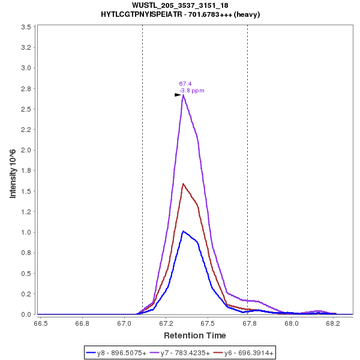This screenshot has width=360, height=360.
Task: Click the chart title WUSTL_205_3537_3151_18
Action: [179, 5]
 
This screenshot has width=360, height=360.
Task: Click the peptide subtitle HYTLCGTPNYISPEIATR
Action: [180, 14]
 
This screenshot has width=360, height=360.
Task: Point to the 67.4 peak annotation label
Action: [185, 84]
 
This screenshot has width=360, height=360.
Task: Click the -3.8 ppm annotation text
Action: [192, 91]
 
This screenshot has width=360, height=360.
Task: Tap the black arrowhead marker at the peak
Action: [178, 95]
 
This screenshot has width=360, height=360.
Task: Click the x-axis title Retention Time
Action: [195, 335]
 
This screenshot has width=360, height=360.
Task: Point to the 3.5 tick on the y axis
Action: [26, 27]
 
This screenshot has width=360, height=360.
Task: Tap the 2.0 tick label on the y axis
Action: [26, 151]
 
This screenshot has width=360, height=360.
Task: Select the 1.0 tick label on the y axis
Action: [26, 233]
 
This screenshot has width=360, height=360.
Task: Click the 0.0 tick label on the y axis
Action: [26, 315]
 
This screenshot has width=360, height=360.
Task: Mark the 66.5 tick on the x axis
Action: [41, 323]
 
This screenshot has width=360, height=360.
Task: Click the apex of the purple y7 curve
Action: [183, 94]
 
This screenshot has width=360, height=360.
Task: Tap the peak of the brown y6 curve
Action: [183, 184]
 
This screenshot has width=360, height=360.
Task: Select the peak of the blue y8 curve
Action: [183, 231]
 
